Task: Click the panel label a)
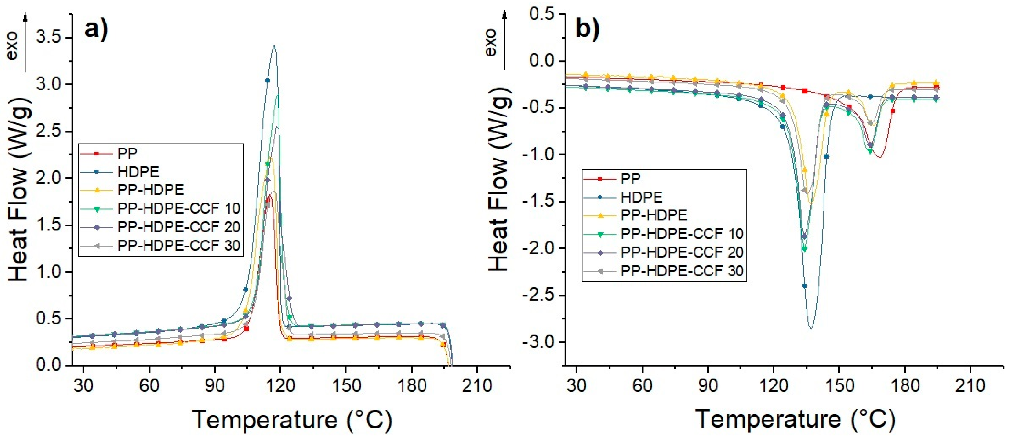point(96,30)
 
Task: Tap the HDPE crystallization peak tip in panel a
point(274,46)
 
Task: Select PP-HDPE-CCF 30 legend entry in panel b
point(682,271)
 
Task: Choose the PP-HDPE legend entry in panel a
point(151,190)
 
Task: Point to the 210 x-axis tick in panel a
point(477,386)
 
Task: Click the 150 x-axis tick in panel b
point(839,386)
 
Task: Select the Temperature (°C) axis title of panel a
point(292,420)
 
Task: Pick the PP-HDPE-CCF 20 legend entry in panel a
point(179,227)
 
